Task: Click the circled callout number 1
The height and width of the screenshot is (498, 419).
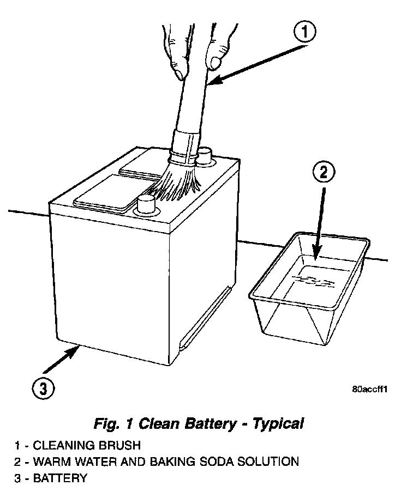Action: pos(304,33)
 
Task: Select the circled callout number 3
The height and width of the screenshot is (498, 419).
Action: pos(43,388)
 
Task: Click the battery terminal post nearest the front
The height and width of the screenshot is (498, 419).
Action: pos(146,205)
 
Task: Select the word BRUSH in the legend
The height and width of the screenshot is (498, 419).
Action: pos(120,445)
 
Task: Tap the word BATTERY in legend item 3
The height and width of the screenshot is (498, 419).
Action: pos(59,479)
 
